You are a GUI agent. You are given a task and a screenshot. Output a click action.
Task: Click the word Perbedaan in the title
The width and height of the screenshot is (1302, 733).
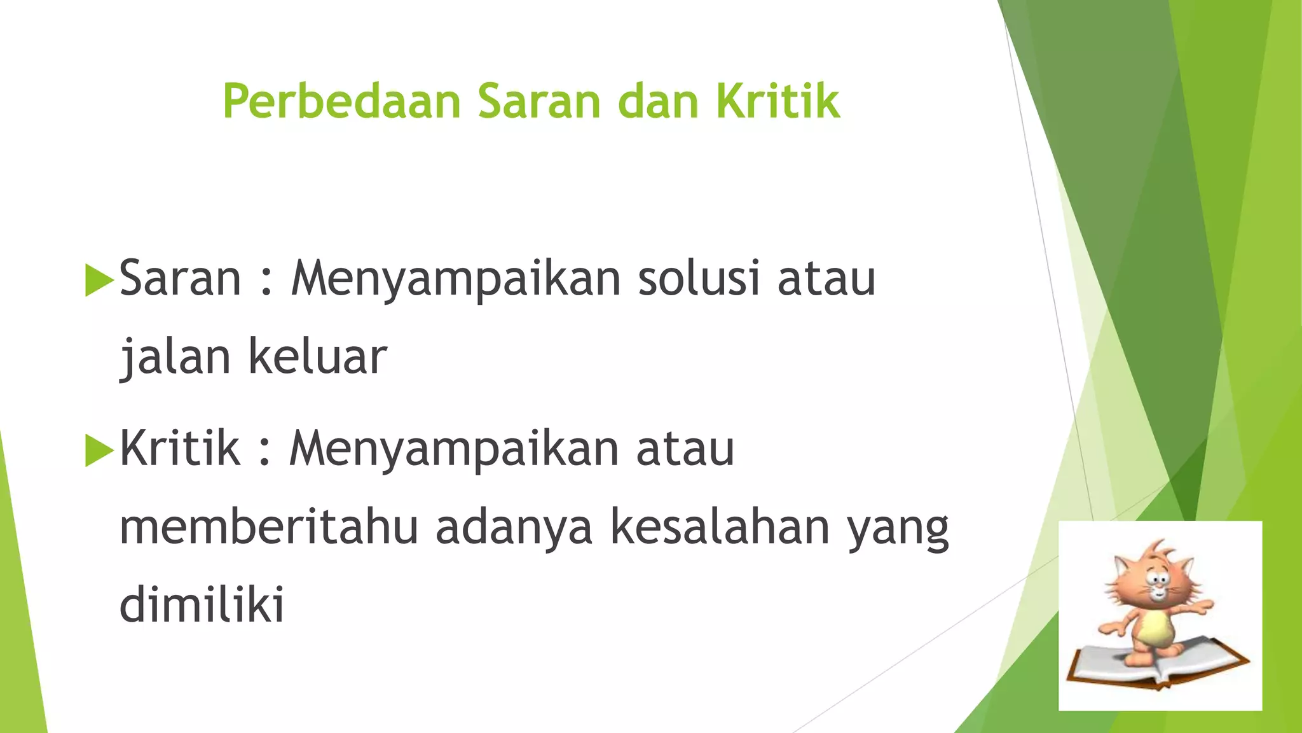pyautogui.click(x=341, y=101)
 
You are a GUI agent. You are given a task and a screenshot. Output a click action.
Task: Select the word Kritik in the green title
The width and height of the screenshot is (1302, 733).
pyautogui.click(x=778, y=101)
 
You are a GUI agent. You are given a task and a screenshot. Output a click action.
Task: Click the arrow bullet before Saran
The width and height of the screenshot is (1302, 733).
pyautogui.click(x=99, y=280)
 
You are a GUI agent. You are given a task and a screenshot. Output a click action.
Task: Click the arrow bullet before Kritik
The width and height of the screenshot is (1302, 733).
pyautogui.click(x=99, y=450)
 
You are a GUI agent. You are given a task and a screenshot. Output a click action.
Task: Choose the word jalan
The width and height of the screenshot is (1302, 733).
pyautogui.click(x=175, y=356)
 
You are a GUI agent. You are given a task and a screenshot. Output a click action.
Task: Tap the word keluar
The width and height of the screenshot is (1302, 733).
pyautogui.click(x=317, y=356)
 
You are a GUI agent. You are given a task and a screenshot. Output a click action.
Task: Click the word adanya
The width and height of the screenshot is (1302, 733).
pyautogui.click(x=514, y=527)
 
